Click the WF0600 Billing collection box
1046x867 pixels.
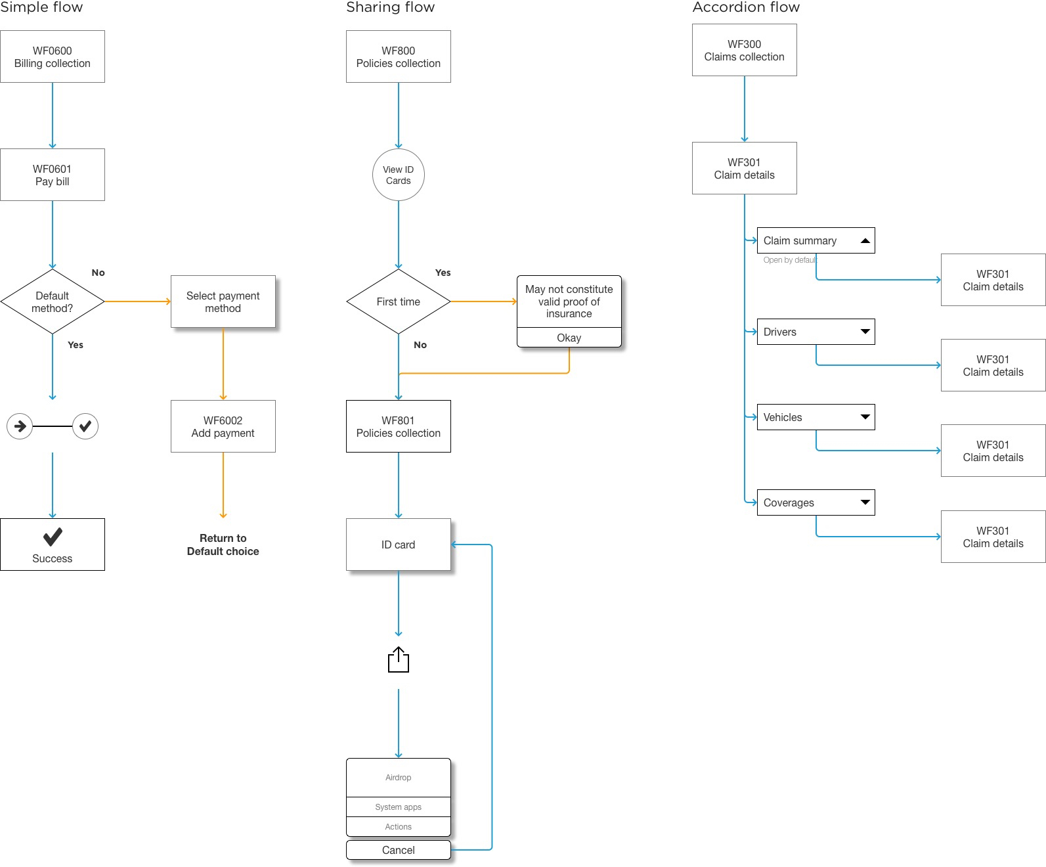[x=53, y=56]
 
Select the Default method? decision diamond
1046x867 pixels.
[x=53, y=301]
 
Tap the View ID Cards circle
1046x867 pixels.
[x=399, y=175]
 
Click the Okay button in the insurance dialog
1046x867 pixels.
[x=569, y=338]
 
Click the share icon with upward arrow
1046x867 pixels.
[x=399, y=660]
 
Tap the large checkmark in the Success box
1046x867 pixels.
[x=53, y=537]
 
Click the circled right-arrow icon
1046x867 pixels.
[x=20, y=426]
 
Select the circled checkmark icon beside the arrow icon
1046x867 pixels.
[x=85, y=426]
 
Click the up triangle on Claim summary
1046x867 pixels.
[x=865, y=241]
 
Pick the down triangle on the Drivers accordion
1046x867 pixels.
[x=865, y=332]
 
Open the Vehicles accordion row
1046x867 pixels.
[x=816, y=417]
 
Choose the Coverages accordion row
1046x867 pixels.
[x=816, y=502]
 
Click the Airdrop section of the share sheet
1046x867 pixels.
[x=399, y=778]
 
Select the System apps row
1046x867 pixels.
[x=399, y=807]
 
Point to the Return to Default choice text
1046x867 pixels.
[x=223, y=545]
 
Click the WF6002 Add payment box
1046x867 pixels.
[x=223, y=426]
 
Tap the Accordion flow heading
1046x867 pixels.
[x=746, y=7]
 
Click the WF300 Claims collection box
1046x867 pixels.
[x=745, y=51]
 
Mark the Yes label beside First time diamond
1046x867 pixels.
[x=443, y=273]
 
